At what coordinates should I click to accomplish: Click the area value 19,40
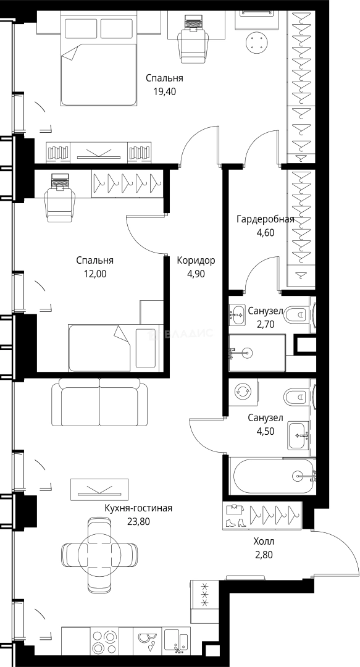click(164, 91)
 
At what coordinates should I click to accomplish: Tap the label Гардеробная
click(266, 219)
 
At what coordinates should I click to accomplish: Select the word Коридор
click(196, 261)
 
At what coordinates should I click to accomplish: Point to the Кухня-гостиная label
click(139, 508)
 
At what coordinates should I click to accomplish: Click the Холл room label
click(264, 542)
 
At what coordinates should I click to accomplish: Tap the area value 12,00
click(95, 274)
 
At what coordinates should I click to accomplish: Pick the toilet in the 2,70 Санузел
click(298, 315)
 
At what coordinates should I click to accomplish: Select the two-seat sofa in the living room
click(99, 402)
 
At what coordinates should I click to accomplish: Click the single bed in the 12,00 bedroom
click(115, 348)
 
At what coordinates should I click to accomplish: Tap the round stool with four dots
click(257, 42)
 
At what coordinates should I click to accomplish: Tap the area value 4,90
click(196, 274)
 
